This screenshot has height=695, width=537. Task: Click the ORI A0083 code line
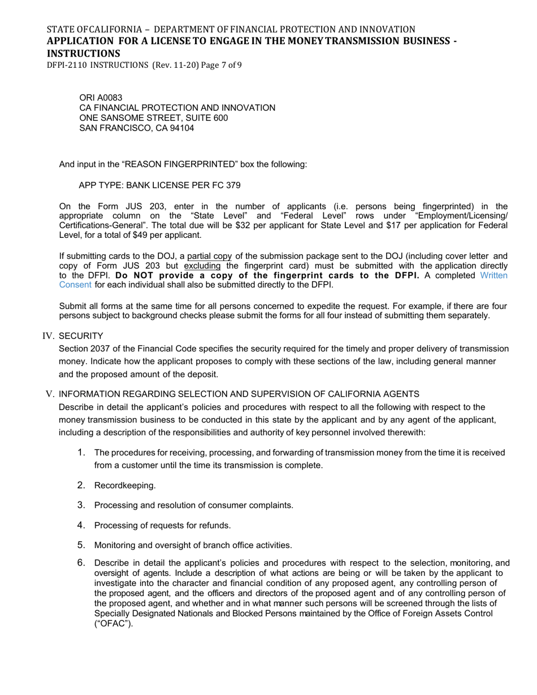tap(101, 98)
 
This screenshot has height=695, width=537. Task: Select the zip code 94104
tap(180, 128)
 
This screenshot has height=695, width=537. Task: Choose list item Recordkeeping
tap(125, 485)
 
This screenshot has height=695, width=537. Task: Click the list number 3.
tap(81, 505)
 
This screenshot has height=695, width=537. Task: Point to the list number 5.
tap(81, 545)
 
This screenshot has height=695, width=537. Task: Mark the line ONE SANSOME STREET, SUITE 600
tap(154, 118)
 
